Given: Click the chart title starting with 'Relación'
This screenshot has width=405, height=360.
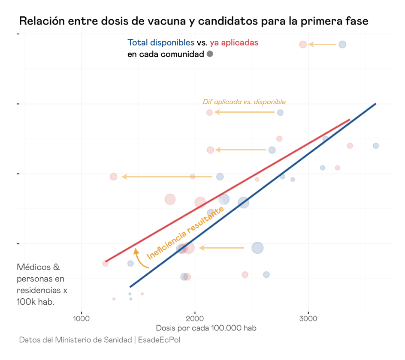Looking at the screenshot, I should pos(193,21).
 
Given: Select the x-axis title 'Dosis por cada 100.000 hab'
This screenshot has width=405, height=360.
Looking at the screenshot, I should pos(206,328).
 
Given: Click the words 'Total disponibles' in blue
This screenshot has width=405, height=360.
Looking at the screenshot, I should pos(161,43).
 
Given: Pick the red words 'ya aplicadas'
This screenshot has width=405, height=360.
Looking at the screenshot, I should pos(234,43).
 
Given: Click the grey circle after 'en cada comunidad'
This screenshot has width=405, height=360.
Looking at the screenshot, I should pos(210,54).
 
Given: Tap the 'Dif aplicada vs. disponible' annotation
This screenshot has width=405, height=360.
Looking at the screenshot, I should pos(244,102).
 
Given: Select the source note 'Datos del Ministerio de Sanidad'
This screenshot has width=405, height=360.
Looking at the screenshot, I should pos(76,340).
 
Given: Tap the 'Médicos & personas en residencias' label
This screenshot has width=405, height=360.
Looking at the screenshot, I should pos(42,285).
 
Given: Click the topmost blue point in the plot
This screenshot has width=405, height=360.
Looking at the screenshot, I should pos(342,44).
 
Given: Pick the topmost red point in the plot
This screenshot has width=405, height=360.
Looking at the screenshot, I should pos(303,44).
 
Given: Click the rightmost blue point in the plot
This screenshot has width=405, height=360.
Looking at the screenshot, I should pos(376,146).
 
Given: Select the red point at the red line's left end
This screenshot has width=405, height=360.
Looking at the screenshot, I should pos(106,264).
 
